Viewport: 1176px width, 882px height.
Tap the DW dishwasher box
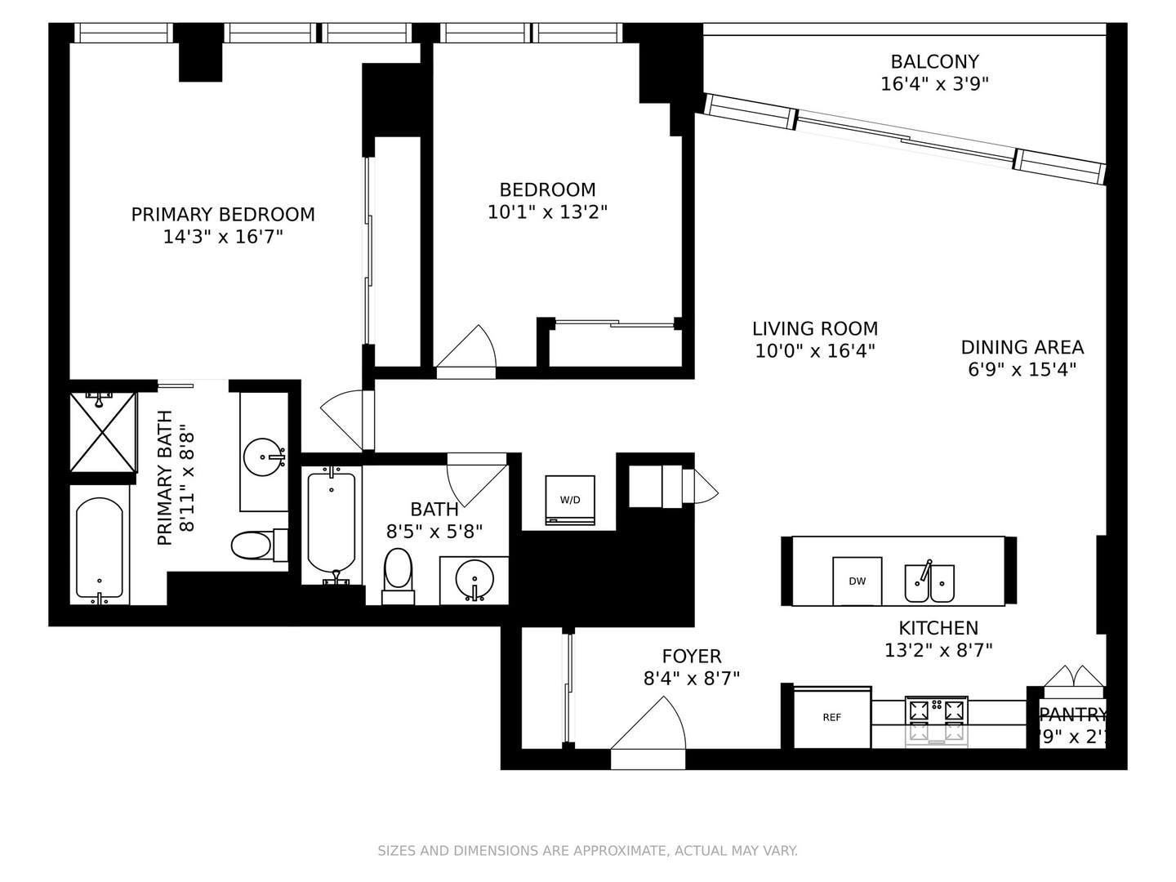857,581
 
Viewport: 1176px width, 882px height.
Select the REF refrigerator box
831,718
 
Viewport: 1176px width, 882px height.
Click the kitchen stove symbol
936,721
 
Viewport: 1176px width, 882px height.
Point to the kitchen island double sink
929,582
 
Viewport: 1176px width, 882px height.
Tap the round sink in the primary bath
265,457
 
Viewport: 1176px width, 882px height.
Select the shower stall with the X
103,432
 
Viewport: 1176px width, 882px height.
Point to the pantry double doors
1074,677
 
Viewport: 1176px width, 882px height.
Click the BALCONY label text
934,61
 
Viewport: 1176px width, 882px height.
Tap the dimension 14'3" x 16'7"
223,237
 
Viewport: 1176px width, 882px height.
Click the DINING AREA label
1022,347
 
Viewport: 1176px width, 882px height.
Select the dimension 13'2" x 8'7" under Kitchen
938,650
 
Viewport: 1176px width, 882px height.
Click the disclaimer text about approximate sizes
587,851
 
